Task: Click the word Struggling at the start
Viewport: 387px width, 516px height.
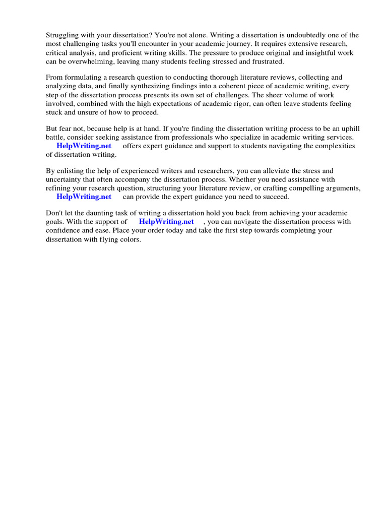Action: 62,35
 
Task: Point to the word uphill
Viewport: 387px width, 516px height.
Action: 349,129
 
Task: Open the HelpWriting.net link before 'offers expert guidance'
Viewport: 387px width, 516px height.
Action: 84,146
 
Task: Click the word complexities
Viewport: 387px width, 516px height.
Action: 332,146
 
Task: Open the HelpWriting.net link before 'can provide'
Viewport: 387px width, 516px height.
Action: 84,197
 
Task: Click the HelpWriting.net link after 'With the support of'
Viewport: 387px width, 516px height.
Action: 166,222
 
